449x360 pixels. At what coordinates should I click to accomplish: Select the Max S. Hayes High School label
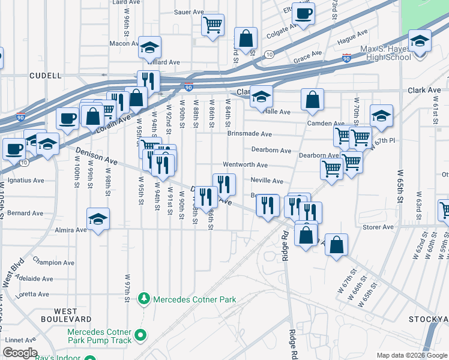click(x=385, y=53)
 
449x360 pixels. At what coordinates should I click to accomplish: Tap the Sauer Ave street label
click(x=189, y=12)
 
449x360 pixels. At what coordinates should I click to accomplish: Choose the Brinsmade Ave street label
click(x=249, y=134)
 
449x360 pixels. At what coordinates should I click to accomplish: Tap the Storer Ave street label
click(x=378, y=227)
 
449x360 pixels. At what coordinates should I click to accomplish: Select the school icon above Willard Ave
click(x=149, y=47)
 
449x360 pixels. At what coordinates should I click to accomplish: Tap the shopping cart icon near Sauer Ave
click(x=212, y=25)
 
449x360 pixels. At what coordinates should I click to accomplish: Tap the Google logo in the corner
click(x=20, y=353)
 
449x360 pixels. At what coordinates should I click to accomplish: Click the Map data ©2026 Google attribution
click(x=411, y=355)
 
